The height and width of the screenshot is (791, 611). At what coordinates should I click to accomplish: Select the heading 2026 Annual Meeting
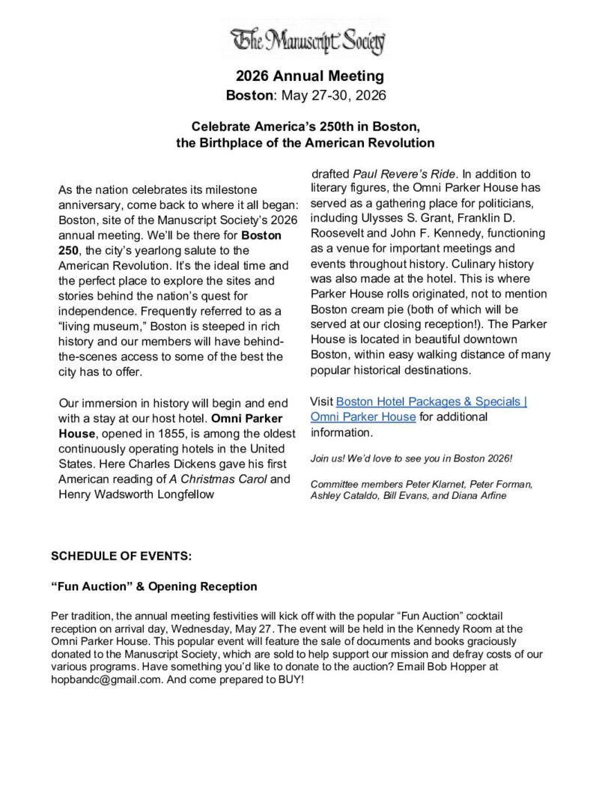click(309, 76)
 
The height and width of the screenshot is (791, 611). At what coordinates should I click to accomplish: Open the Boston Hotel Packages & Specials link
click(431, 401)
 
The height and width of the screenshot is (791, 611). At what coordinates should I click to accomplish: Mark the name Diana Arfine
click(478, 496)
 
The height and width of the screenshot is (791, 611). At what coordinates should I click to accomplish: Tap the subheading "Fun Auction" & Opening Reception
click(153, 586)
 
